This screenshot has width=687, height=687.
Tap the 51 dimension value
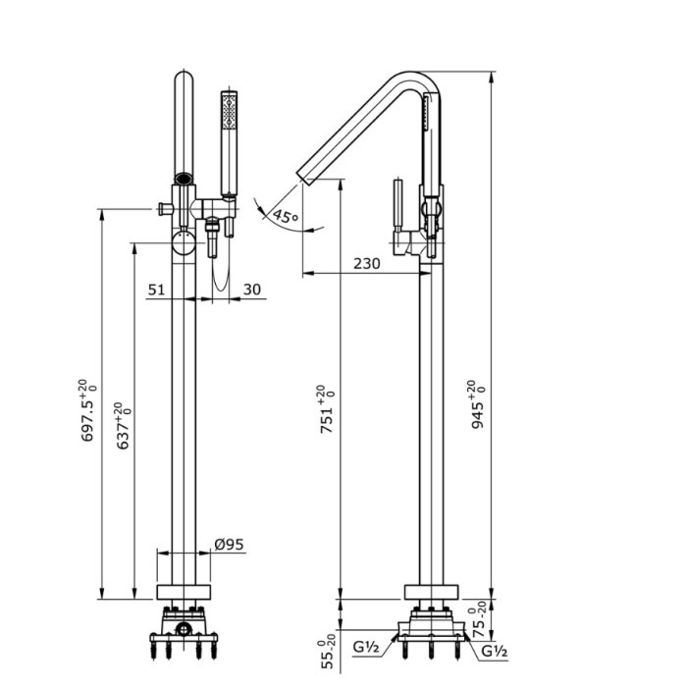point(156,290)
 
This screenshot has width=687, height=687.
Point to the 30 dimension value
point(251,290)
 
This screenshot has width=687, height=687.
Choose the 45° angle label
point(287,217)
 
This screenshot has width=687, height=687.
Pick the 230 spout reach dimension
point(366,263)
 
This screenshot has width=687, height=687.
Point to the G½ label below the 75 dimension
point(494,650)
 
